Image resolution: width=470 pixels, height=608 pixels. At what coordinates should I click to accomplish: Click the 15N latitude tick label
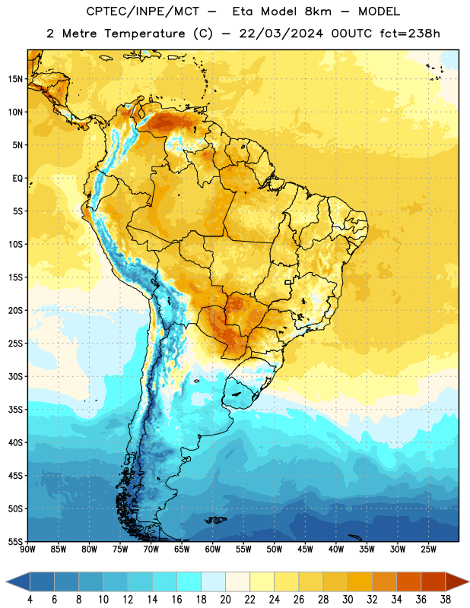point(15,79)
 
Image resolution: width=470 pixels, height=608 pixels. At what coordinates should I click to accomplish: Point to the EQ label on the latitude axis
point(17,179)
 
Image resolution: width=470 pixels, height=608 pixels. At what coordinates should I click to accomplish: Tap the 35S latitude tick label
point(15,410)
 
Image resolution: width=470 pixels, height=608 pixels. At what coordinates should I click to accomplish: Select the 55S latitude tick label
point(15,541)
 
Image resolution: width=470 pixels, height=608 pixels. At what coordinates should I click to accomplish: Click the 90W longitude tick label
point(27,549)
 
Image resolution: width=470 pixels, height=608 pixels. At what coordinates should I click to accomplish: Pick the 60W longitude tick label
point(213,549)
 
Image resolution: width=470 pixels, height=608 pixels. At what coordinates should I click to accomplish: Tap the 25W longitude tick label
point(428,549)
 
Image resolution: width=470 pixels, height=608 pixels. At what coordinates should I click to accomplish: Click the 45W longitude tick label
point(305,549)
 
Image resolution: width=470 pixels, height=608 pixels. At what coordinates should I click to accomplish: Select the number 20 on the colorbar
point(225,600)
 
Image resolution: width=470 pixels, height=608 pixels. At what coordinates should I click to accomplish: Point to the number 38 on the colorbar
point(446,600)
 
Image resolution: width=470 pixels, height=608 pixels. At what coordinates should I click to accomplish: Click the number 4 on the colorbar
point(30,600)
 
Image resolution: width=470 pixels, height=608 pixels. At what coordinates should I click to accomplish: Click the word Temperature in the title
point(144,33)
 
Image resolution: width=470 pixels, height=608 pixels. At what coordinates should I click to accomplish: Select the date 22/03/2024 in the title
point(281,33)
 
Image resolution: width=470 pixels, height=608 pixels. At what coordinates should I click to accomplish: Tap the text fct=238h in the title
point(410,33)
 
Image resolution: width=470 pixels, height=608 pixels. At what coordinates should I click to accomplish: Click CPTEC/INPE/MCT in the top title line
point(143,11)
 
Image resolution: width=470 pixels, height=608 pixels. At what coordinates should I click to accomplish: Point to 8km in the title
point(318,11)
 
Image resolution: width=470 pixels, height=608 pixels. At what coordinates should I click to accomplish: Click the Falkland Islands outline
point(215,520)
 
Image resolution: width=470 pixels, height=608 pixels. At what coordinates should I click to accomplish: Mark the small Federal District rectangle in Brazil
point(288,282)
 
